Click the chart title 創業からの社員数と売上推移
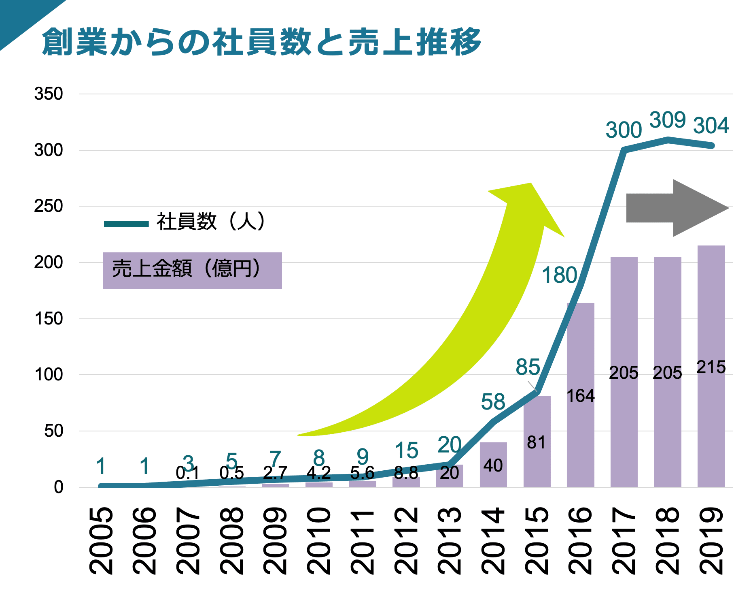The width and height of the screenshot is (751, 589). pyautogui.click(x=261, y=42)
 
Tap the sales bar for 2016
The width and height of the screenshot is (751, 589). pyautogui.click(x=580, y=437)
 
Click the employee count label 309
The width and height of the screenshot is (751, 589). pyautogui.click(x=667, y=120)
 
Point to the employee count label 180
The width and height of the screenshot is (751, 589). pyautogui.click(x=559, y=275)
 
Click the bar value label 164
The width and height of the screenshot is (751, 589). pyautogui.click(x=580, y=396)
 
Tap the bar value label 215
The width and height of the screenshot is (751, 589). pyautogui.click(x=711, y=367)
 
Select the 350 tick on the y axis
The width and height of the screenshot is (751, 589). pyautogui.click(x=49, y=94)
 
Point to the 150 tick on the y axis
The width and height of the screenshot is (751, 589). pyautogui.click(x=49, y=319)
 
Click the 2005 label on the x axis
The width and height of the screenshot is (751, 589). pyautogui.click(x=101, y=540)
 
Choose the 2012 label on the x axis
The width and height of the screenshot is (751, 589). pyautogui.click(x=406, y=540)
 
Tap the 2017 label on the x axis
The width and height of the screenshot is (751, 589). pyautogui.click(x=624, y=540)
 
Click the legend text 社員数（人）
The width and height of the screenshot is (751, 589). pyautogui.click(x=210, y=222)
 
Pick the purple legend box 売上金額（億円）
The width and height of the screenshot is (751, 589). pyautogui.click(x=192, y=270)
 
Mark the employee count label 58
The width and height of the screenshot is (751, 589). pyautogui.click(x=493, y=402)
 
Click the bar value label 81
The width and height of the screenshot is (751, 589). pyautogui.click(x=537, y=443)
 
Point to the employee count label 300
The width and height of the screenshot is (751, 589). pyautogui.click(x=624, y=130)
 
